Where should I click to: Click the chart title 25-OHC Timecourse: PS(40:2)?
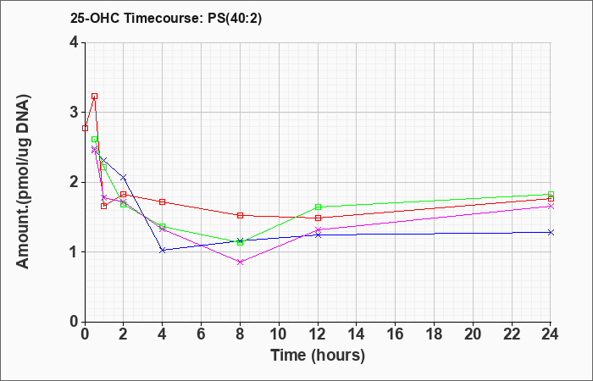(x=166, y=19)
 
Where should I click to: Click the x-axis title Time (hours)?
(x=318, y=356)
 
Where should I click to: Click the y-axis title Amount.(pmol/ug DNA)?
(x=24, y=182)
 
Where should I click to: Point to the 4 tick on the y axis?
(x=74, y=42)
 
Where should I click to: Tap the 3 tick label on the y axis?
(x=74, y=113)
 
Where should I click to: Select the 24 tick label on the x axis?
(x=551, y=334)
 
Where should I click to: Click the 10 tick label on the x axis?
(x=279, y=334)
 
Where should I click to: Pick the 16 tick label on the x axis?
(x=396, y=334)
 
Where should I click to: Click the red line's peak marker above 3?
(x=95, y=96)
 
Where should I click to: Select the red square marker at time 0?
(x=85, y=128)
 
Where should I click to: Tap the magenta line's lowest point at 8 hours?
(x=240, y=262)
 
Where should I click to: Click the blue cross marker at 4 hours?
(x=163, y=251)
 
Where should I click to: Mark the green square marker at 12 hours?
(x=318, y=207)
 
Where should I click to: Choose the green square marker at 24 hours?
(x=551, y=194)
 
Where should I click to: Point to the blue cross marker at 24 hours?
(x=551, y=232)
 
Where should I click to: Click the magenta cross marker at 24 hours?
(x=551, y=206)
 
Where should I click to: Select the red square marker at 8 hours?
(x=240, y=215)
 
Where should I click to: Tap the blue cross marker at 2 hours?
(x=124, y=177)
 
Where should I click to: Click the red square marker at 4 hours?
(x=163, y=202)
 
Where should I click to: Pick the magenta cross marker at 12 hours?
(x=318, y=229)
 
